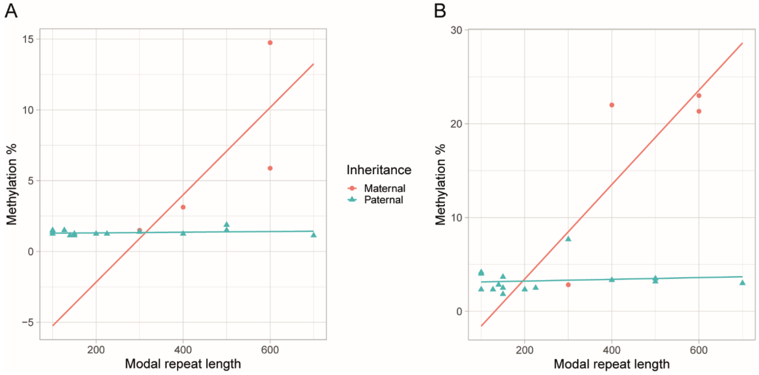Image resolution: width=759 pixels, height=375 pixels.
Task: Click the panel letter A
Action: [11, 11]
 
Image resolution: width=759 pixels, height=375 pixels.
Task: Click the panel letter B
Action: [440, 11]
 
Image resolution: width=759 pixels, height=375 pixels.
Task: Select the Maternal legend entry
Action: [384, 188]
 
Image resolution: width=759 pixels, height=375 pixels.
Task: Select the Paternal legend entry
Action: [383, 200]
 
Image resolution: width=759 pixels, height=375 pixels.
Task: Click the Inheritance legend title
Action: [379, 170]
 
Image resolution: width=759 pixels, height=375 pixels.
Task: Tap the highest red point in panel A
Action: [270, 43]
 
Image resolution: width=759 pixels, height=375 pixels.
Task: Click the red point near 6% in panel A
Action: [270, 168]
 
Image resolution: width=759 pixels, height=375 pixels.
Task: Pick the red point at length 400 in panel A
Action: [183, 207]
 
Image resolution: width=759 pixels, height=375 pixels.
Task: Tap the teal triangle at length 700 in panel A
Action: [314, 235]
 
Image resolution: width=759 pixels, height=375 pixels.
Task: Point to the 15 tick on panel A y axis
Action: [28, 39]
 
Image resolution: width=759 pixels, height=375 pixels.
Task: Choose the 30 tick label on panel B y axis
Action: [456, 30]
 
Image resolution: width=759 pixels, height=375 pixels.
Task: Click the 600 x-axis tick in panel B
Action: [699, 350]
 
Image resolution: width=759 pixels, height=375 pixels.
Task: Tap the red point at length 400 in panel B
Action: [612, 105]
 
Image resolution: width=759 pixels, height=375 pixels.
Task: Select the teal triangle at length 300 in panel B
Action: [568, 238]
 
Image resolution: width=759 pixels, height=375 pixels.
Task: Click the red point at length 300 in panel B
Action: [568, 285]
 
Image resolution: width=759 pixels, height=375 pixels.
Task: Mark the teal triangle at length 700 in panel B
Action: [743, 283]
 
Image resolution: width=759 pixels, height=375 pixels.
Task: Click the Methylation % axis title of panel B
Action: [441, 184]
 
